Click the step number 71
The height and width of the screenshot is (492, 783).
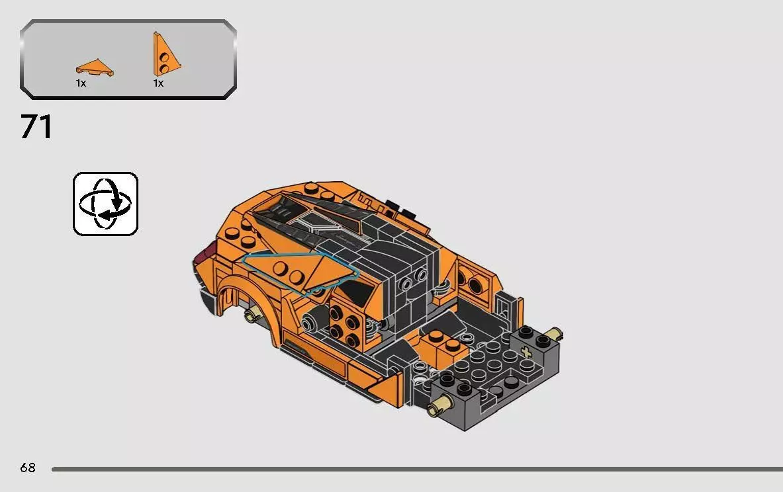36,127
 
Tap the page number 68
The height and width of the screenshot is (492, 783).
28,468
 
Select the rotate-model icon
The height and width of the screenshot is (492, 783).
105,203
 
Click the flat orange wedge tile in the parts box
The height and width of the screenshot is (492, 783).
95,67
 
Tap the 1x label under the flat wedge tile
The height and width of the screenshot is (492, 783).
81,83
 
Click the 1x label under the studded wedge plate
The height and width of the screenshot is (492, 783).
158,83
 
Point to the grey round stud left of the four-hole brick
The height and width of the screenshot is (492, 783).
308,323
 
